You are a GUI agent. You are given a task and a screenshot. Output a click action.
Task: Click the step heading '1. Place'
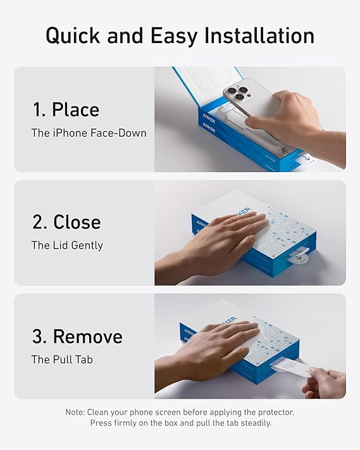pos(66,110)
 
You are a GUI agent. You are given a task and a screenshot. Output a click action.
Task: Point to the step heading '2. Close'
pos(66,223)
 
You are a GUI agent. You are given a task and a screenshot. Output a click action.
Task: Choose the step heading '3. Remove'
pos(77,336)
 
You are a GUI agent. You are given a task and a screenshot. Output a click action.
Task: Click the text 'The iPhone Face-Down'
pos(89,133)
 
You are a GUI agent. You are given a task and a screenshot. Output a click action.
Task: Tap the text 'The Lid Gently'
pos(67,246)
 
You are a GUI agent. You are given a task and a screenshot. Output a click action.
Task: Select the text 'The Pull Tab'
pos(62,359)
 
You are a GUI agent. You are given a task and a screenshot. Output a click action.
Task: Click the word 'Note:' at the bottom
pos(75,412)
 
